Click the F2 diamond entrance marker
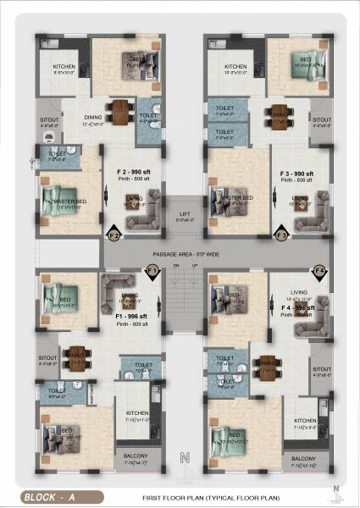pos(114,235)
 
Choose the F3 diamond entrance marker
pos(282,235)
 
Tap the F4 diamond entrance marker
pos(319,272)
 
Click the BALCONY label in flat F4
pos(303,458)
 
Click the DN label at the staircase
pos(175,266)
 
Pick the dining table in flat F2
pos(120,112)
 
